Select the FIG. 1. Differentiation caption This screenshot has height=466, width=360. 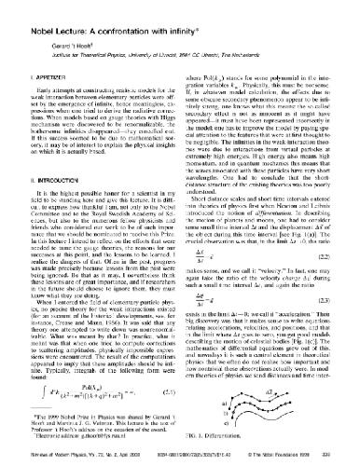click(x=228, y=434)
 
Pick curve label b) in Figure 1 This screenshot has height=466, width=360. click(x=197, y=406)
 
